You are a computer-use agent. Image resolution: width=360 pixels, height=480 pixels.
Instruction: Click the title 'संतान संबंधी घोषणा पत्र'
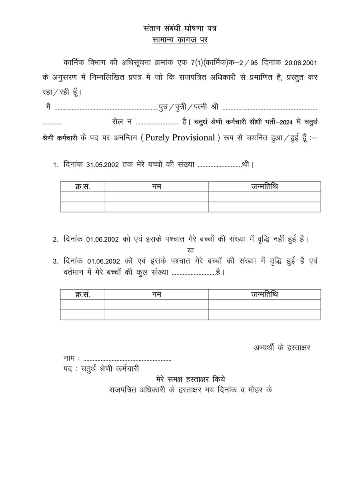pyautogui.click(x=180, y=28)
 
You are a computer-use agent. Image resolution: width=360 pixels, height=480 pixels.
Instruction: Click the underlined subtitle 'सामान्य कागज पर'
pyautogui.click(x=180, y=40)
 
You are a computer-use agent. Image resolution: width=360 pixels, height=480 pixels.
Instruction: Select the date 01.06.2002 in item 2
pyautogui.click(x=102, y=239)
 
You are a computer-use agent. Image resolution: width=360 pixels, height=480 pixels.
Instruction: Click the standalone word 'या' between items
pyautogui.click(x=190, y=250)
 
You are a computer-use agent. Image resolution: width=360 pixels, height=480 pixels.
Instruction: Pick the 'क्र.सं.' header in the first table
pyautogui.click(x=82, y=187)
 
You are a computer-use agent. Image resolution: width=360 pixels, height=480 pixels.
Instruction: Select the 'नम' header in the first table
pyautogui.click(x=156, y=187)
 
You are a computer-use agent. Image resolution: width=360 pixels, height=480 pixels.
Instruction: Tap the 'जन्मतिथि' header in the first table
pyautogui.click(x=264, y=187)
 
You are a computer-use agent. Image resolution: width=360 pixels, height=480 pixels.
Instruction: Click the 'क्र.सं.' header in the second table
pyautogui.click(x=82, y=295)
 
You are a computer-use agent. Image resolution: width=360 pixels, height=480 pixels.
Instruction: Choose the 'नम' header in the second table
pyautogui.click(x=156, y=295)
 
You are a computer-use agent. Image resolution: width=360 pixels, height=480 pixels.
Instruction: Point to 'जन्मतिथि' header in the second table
pyautogui.click(x=264, y=295)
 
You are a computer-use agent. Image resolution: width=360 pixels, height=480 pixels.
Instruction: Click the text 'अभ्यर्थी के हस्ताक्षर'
pyautogui.click(x=282, y=348)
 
